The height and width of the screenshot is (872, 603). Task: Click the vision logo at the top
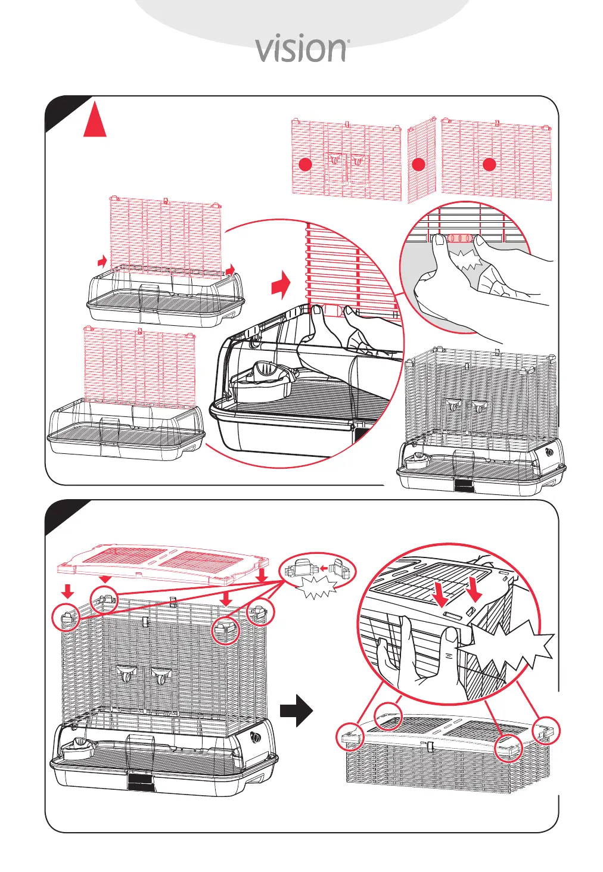(x=301, y=50)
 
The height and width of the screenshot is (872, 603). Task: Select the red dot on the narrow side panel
(x=418, y=164)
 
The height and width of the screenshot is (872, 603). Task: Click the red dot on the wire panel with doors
(x=305, y=164)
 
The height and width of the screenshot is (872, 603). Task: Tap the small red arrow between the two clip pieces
(x=325, y=568)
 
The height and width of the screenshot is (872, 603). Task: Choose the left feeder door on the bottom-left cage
(x=126, y=674)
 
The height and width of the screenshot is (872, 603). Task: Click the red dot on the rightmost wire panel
(x=489, y=164)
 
